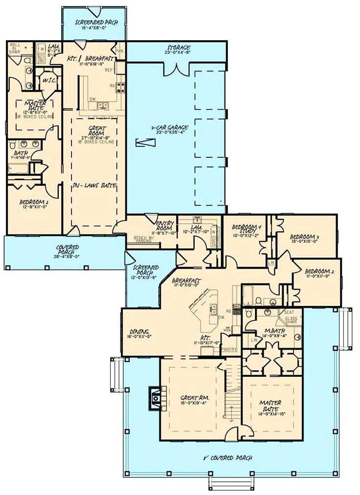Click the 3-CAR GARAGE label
170,127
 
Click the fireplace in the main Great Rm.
155,398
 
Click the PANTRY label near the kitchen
228,349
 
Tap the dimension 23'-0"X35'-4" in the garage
170,133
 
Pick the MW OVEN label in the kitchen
228,330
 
